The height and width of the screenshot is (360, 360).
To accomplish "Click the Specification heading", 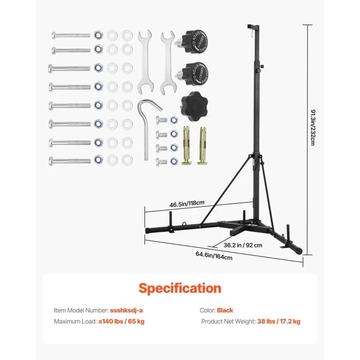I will pyautogui.click(x=179, y=288).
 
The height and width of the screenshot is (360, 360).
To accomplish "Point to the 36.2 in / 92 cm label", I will pyautogui.click(x=243, y=245).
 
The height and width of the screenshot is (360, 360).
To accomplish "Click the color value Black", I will pyautogui.click(x=225, y=311).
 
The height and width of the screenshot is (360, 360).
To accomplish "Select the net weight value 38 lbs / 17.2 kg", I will pyautogui.click(x=279, y=321).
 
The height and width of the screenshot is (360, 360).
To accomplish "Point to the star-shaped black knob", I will pyautogui.click(x=192, y=102).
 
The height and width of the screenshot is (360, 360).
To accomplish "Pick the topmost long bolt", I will pyautogui.click(x=71, y=35).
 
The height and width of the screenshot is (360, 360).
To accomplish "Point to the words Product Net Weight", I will pyautogui.click(x=228, y=321).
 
